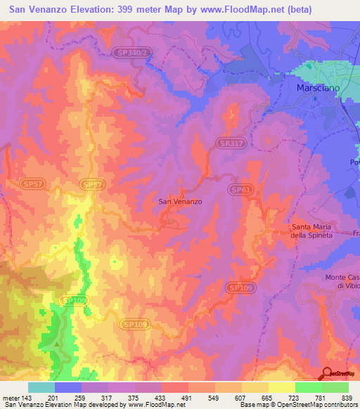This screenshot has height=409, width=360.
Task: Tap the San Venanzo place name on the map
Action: [181, 202]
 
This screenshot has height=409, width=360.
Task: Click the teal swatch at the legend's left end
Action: [41, 387]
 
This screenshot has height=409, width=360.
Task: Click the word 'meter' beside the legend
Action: [11, 398]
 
